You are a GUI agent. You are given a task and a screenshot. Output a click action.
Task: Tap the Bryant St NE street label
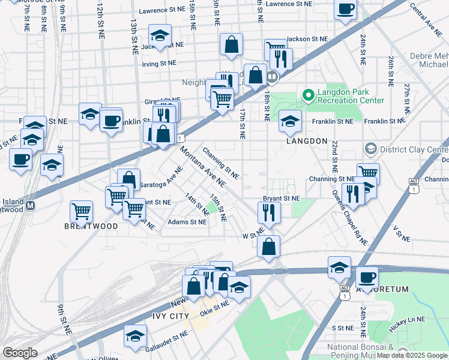coord(281,198)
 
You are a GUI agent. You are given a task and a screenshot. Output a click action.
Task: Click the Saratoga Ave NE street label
coord(160,175)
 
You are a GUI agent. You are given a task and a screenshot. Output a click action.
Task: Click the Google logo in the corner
coord(19,353)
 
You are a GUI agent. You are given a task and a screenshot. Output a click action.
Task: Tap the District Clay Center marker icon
coord(370,148)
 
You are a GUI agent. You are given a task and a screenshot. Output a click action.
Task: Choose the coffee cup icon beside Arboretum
coord(367,277)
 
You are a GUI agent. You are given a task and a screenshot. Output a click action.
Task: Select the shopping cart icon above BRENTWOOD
coord(82,211)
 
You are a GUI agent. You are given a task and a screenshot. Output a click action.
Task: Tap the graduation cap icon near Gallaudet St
coord(135,335)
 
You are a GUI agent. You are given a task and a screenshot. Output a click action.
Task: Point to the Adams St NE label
coord(187,222)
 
